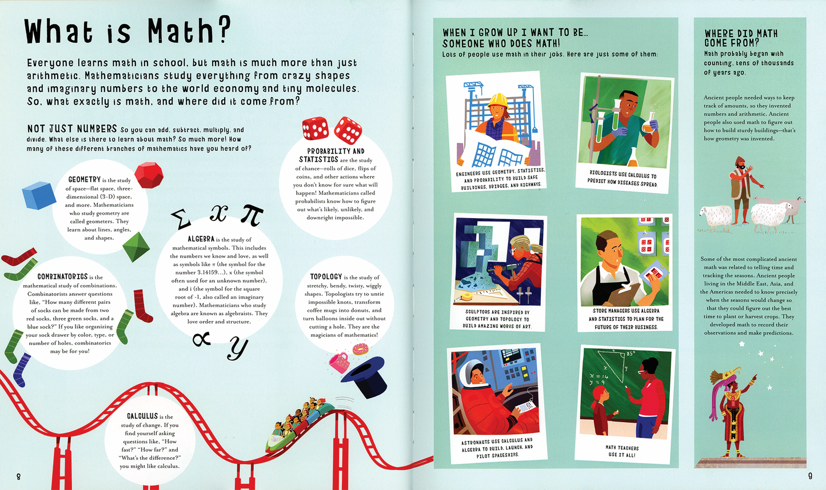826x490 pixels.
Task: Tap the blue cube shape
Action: point(39,195)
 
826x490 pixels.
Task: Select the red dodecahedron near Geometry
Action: point(149,175)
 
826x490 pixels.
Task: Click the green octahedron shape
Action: point(137,247)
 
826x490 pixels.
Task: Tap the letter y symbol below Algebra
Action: point(237,347)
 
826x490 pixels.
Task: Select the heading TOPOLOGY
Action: point(326,276)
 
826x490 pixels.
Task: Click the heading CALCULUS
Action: point(142,416)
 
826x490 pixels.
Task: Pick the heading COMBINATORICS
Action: point(62,276)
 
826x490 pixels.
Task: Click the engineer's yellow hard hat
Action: point(498,101)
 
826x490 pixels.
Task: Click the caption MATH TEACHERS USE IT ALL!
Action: point(622,451)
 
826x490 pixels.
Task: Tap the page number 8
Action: point(18,476)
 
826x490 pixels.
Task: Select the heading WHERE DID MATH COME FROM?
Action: point(741,38)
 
